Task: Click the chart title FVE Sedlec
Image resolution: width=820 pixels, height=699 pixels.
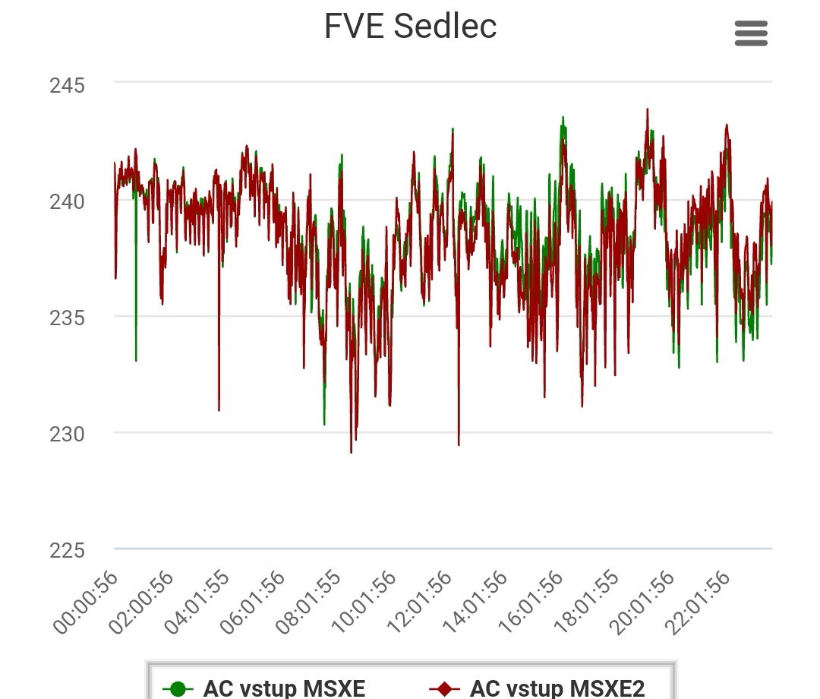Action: [x=410, y=27]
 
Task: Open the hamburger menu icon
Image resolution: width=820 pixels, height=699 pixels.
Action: [x=751, y=33]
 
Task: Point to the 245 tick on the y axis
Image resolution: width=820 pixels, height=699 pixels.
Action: [x=67, y=85]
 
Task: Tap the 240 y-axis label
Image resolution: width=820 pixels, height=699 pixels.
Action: [x=67, y=202]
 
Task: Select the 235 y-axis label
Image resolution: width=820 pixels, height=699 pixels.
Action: [x=67, y=318]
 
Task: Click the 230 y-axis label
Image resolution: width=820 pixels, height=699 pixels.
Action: [x=67, y=434]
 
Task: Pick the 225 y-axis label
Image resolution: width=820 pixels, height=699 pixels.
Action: [x=67, y=550]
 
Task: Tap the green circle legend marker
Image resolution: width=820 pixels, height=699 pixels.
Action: [x=178, y=689]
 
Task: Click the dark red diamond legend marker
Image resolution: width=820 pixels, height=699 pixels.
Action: [x=444, y=689]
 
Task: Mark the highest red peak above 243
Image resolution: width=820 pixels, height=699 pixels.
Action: [x=648, y=109]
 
